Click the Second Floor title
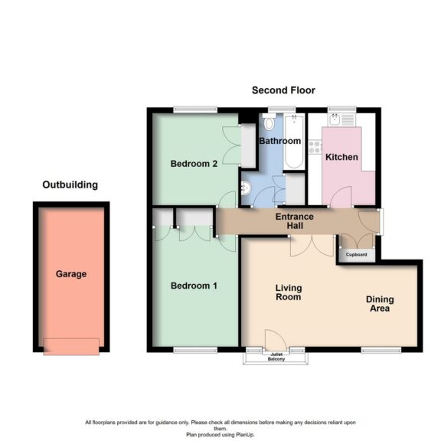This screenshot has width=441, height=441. click(x=283, y=90)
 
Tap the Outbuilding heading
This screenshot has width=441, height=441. click(x=70, y=185)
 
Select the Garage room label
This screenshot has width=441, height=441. click(x=70, y=273)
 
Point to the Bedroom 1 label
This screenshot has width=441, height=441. click(x=194, y=286)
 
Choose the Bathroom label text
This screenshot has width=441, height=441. click(x=279, y=141)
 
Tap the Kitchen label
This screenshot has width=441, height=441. click(x=341, y=157)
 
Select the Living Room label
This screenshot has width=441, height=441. click(x=289, y=292)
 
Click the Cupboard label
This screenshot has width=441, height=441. click(x=357, y=254)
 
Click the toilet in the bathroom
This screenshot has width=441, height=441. click(x=269, y=123)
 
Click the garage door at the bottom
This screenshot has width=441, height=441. click(x=70, y=346)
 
